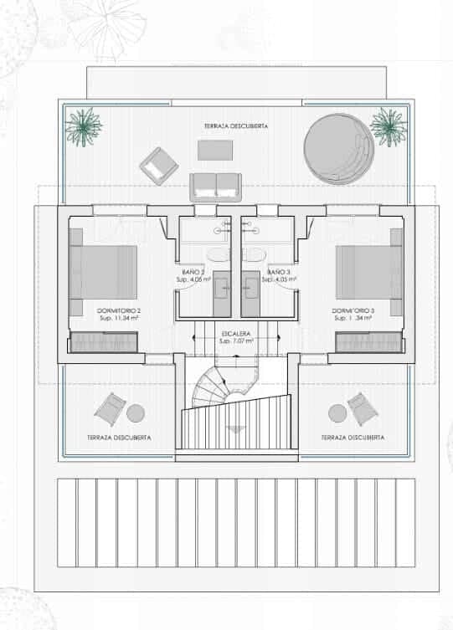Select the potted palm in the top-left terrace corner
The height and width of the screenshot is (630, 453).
[83, 126]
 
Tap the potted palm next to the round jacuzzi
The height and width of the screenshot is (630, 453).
[388, 126]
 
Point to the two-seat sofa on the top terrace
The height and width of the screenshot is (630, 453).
[215, 186]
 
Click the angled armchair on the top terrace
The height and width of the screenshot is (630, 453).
[158, 166]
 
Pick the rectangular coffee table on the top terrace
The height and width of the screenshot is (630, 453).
[215, 150]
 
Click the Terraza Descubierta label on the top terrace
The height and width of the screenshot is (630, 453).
[235, 125]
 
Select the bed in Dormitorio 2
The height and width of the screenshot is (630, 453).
[103, 273]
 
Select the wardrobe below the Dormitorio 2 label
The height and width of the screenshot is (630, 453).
[103, 341]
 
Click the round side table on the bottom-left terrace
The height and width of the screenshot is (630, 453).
[135, 412]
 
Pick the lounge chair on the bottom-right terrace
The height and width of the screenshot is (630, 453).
[363, 408]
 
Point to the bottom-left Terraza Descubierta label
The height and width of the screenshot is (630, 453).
[119, 438]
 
